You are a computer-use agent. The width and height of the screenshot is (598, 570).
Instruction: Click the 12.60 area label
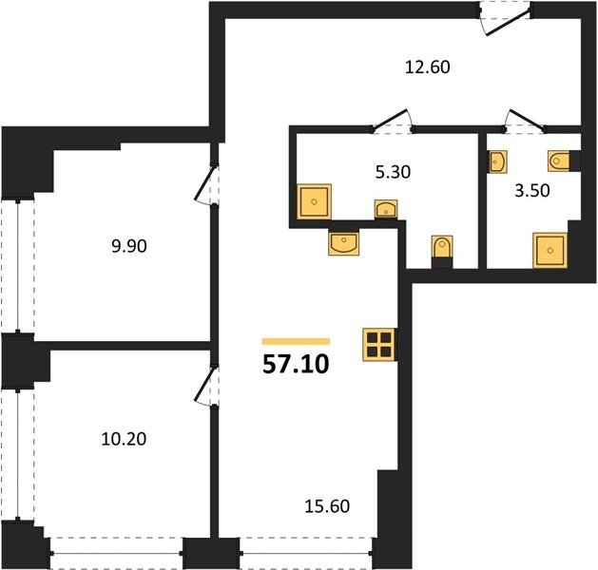427,67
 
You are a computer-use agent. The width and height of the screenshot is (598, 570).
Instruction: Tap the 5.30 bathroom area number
393,172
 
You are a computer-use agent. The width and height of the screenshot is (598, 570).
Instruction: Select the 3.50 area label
532,191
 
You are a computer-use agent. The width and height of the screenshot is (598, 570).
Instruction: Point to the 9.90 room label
129,246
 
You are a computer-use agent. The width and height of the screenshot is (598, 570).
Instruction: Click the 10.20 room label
124,439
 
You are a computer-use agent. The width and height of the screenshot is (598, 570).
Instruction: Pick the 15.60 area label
327,506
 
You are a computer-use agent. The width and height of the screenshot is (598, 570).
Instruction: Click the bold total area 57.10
296,364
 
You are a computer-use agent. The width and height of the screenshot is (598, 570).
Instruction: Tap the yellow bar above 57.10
296,341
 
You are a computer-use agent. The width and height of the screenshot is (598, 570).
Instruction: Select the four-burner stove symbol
380,345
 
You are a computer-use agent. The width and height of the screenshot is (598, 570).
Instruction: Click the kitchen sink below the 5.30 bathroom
343,242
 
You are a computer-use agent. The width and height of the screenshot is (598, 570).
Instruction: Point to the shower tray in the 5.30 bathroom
314,201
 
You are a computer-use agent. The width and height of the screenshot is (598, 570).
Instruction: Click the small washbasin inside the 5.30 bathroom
386,209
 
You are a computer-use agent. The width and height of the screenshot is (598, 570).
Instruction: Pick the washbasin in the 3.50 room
497,161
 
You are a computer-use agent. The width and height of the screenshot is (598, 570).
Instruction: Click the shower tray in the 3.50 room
550,250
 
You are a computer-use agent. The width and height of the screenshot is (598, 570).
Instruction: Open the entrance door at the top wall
505,19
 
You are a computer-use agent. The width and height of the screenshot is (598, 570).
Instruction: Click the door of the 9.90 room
207,185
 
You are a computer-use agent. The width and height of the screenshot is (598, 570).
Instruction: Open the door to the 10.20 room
207,386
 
